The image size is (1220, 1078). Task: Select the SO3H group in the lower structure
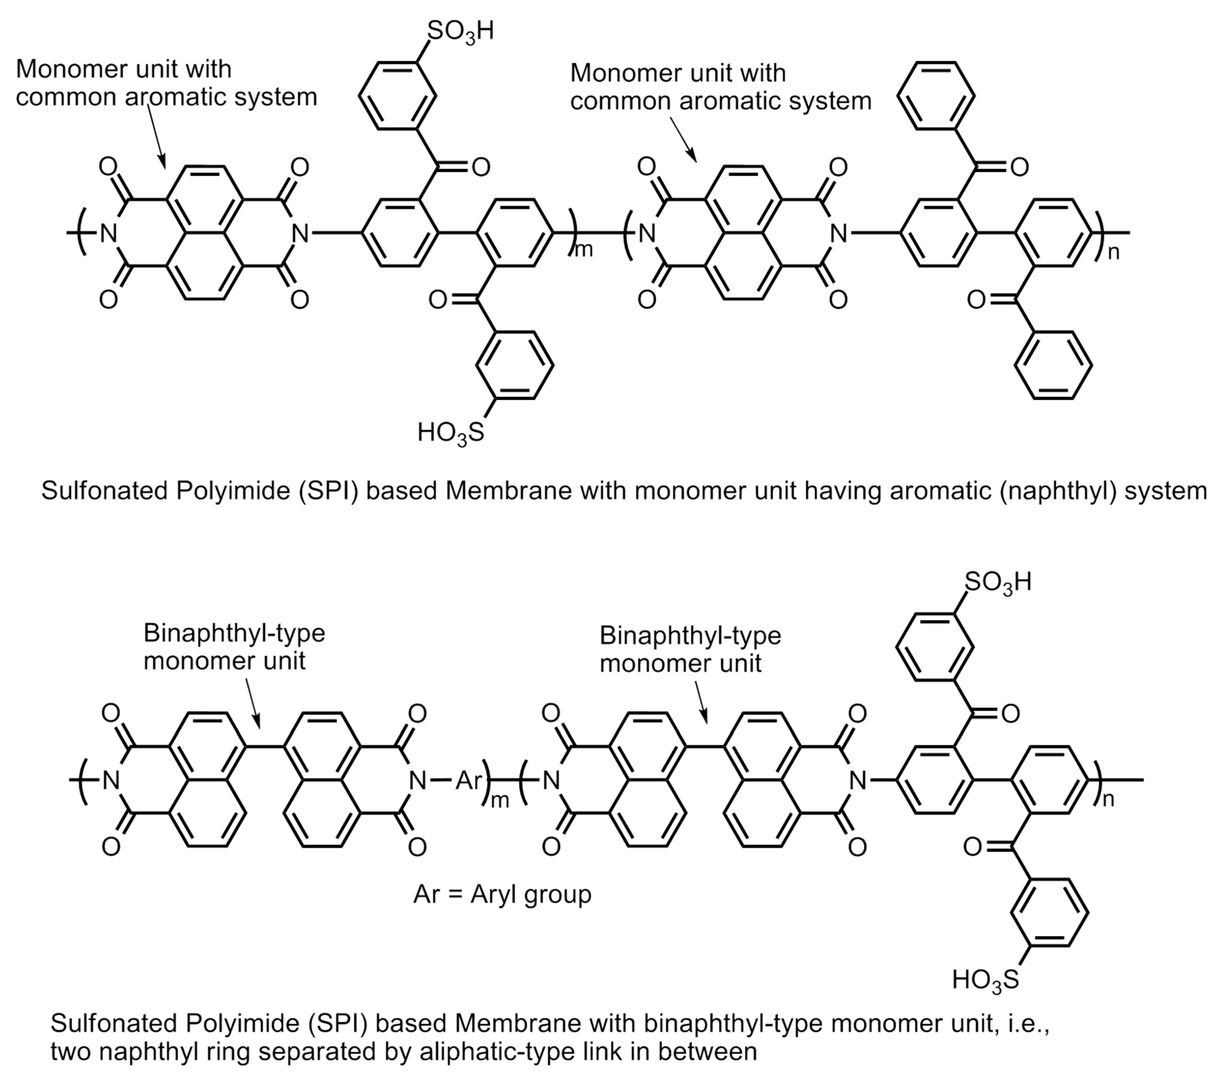(998, 582)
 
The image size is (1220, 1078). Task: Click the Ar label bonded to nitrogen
(468, 780)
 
